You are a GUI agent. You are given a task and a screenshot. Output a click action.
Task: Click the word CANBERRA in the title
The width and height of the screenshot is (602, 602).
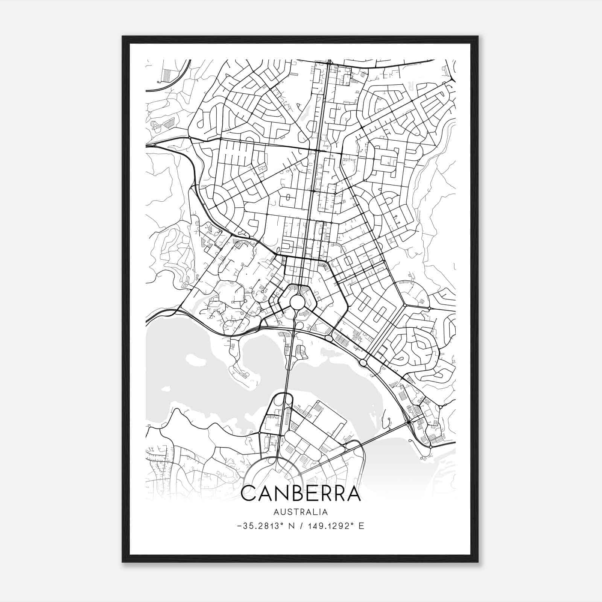[x=301, y=494]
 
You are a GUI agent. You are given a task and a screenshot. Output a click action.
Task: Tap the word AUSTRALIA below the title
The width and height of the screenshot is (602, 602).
[x=301, y=512]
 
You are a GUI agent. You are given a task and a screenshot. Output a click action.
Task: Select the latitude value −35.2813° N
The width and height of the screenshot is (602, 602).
[x=265, y=526]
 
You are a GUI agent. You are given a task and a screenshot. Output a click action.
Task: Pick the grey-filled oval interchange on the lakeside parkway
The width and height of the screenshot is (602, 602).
[x=329, y=339]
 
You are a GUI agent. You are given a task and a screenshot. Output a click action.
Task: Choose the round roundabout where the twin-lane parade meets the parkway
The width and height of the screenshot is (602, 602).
[x=363, y=363]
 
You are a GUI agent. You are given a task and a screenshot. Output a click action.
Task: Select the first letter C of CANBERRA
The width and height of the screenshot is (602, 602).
[x=248, y=494]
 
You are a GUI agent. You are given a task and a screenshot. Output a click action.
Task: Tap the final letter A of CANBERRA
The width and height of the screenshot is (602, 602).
[x=354, y=494]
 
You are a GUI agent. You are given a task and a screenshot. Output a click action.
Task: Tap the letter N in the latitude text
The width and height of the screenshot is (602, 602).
[x=289, y=526]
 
